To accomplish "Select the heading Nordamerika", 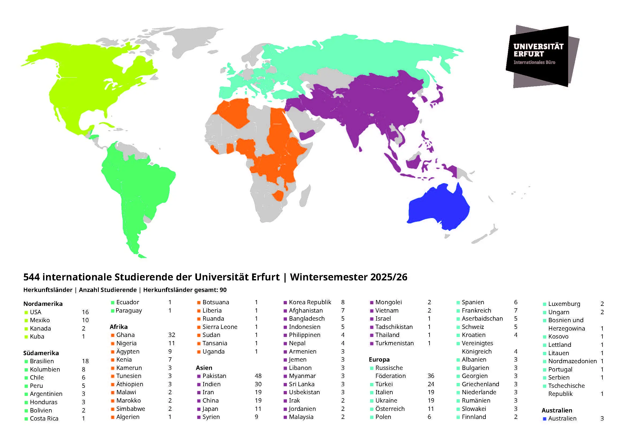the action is tap(43, 304).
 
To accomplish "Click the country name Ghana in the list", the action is tap(126, 335).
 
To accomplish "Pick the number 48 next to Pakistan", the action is tap(258, 376).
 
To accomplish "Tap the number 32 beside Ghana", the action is tap(172, 335).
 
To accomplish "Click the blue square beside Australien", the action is tap(544, 418).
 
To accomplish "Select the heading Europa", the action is tap(379, 359).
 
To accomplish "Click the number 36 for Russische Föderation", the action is tap(431, 376).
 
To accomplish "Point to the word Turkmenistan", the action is tap(394, 343).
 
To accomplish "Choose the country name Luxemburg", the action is tap(564, 304).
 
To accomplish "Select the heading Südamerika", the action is tap(41, 353).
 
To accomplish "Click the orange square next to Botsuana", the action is tap(199, 302).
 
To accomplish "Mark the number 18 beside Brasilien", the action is tap(85, 361).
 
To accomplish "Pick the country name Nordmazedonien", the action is tap(572, 361).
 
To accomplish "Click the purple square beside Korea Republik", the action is tap(285, 302).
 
